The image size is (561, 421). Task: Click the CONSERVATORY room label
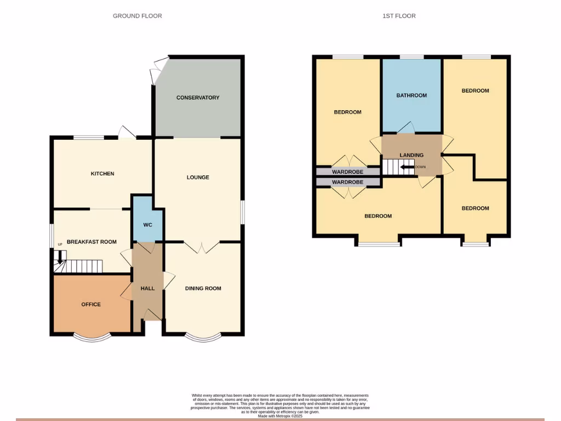point(198,98)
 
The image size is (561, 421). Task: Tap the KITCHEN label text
point(102,174)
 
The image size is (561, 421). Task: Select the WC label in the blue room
point(147,225)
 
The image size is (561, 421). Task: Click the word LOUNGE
point(198,178)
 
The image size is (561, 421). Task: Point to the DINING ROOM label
point(203,288)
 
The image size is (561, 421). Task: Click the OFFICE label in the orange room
point(91,304)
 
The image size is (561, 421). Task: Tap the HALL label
point(147,288)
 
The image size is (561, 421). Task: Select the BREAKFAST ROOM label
point(91,242)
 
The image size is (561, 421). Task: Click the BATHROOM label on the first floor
point(411,95)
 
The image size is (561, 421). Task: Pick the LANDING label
point(411,155)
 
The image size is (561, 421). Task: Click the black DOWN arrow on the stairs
point(407,167)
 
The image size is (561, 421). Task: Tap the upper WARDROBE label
point(348,172)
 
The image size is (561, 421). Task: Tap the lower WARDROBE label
point(348,182)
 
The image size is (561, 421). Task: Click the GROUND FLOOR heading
point(138,16)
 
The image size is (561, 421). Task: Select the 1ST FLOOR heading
point(399,16)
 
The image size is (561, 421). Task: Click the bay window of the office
point(91,337)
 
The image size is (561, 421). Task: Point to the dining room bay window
point(203,337)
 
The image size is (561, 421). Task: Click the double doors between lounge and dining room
point(203,247)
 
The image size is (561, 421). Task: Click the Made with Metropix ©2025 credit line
point(280,416)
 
